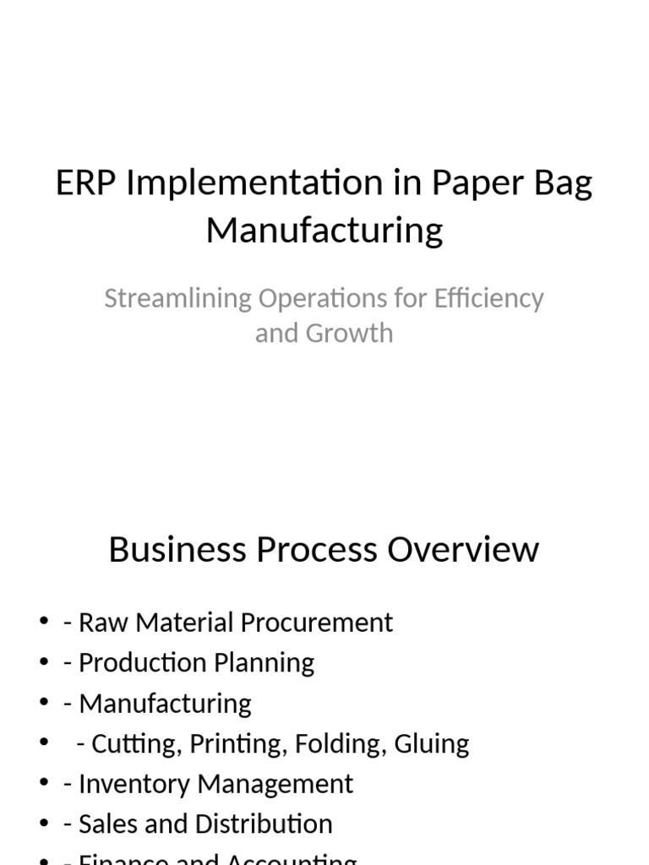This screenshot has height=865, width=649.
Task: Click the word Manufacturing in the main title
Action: [x=324, y=230]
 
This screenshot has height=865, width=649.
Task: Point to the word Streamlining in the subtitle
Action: [x=177, y=299]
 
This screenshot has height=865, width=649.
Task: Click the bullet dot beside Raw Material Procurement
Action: [x=44, y=623]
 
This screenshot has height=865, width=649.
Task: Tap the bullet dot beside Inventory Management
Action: [x=44, y=785]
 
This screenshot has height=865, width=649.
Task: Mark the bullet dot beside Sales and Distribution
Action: [x=44, y=824]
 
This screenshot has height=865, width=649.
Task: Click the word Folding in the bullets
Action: [x=330, y=744]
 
